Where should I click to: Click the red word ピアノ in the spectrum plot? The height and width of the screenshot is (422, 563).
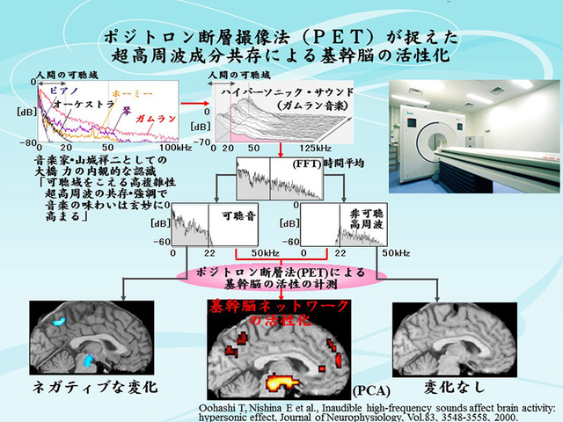coord(65,91)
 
